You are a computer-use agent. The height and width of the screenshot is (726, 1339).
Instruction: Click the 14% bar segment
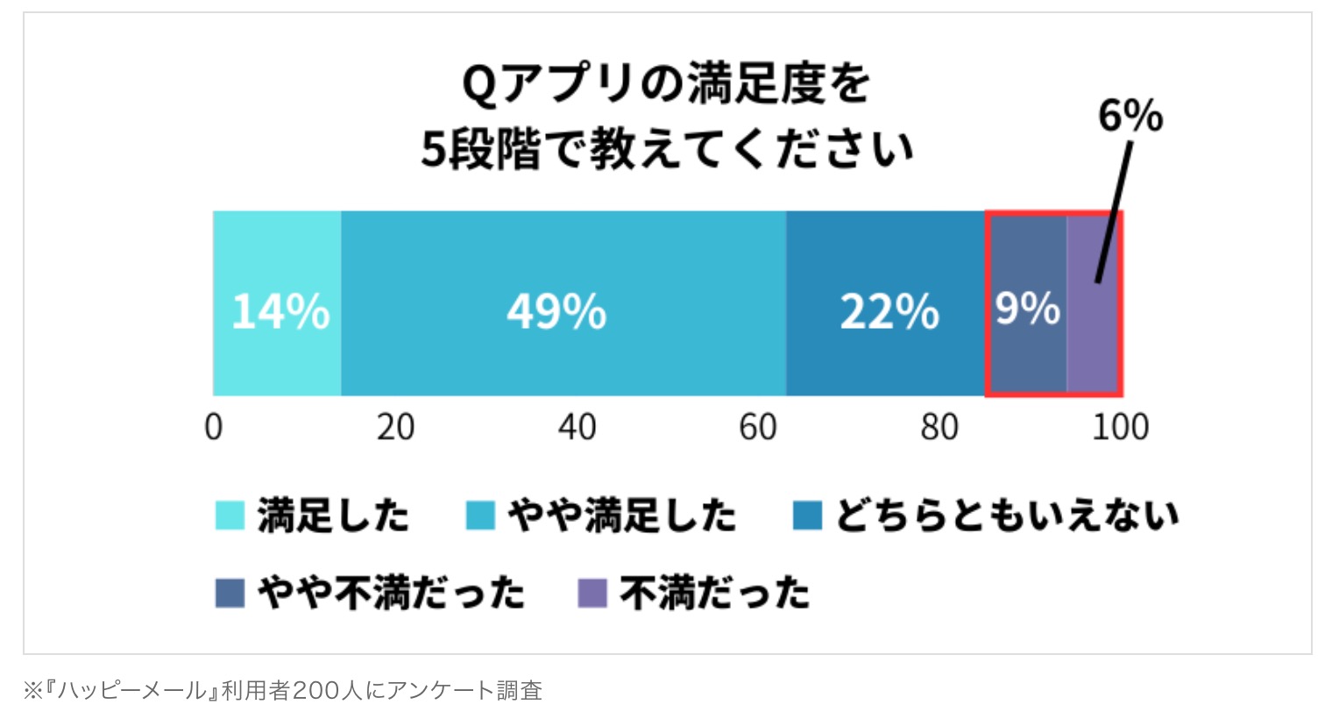point(278,303)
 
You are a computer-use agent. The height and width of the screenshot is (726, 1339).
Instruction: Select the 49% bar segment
point(563,303)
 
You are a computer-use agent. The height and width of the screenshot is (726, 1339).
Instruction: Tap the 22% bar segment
point(886,303)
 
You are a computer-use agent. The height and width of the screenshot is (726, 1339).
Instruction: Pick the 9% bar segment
point(1027,303)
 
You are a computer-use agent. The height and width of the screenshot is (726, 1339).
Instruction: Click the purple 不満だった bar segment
point(1093,303)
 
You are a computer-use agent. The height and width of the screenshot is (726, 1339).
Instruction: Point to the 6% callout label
point(1130,116)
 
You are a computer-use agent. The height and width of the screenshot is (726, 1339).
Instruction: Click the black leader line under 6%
point(1115,211)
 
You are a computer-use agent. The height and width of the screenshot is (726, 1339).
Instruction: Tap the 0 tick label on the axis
point(214,427)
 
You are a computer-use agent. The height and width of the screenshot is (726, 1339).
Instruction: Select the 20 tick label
point(395,427)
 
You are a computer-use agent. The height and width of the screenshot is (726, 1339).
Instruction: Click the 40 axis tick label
point(577,427)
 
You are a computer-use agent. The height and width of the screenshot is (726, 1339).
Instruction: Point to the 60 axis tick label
point(758,427)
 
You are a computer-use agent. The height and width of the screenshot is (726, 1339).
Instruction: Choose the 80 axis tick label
point(939,427)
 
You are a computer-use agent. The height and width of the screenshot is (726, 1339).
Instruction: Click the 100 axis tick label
point(1121,427)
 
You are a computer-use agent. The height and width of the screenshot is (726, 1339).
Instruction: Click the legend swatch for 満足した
point(230,516)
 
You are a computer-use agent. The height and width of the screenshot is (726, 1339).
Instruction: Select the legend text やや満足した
point(621,516)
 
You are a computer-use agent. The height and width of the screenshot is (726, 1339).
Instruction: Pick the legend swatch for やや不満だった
point(230,594)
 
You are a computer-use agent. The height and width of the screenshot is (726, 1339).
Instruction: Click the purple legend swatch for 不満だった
point(592,594)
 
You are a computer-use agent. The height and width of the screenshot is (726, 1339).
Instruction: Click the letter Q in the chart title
point(480,86)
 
